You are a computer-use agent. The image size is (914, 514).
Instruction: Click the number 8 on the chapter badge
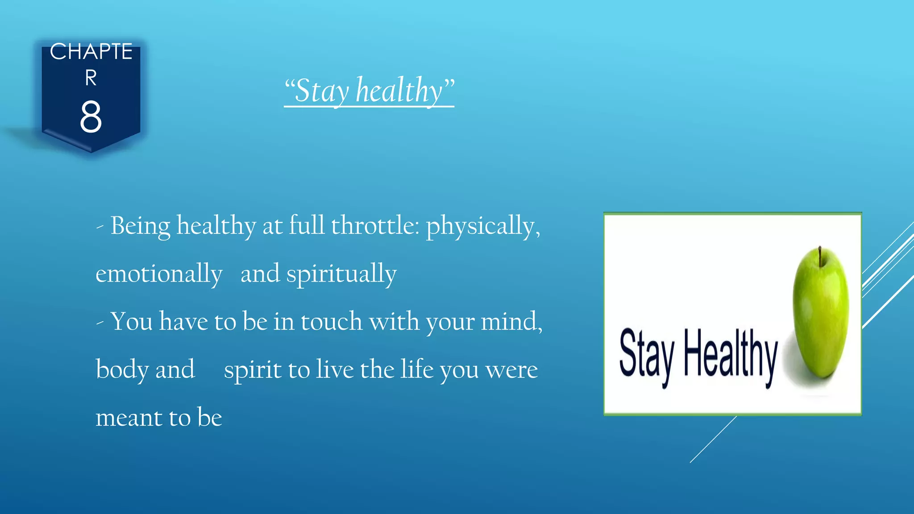coord(91,117)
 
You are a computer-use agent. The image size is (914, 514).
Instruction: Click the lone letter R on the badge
coord(91,78)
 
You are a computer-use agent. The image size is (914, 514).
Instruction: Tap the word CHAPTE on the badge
coord(91,52)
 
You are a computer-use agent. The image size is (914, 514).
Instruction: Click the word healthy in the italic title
coord(399,91)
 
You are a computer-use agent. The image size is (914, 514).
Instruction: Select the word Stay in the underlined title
coord(321,91)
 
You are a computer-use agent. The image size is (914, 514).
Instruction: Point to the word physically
coord(482,226)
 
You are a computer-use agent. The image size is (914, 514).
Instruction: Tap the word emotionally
coord(159,274)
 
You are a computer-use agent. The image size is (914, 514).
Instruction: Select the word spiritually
coord(341,274)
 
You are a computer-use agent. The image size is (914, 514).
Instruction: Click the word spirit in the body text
coord(253,369)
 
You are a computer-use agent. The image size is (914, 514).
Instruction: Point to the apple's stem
coord(820,254)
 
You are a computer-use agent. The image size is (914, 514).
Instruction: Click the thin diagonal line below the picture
coord(713,439)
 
